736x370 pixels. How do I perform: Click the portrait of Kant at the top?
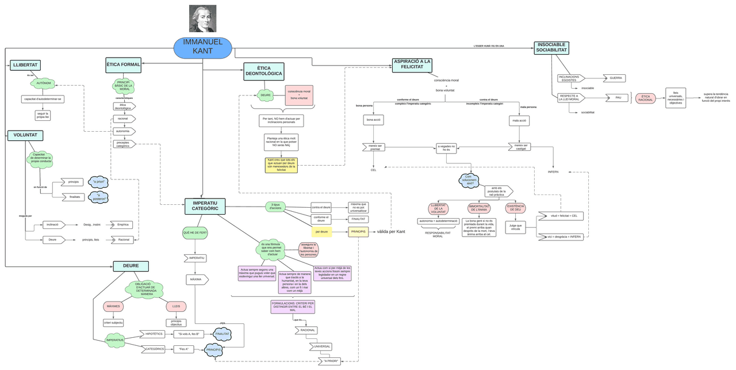click(202, 18)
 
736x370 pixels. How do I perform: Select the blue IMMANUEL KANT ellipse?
click(202, 47)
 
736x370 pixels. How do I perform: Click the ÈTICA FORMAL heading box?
click(123, 64)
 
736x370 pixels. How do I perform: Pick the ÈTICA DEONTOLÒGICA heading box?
click(263, 71)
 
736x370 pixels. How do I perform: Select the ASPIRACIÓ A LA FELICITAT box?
click(412, 64)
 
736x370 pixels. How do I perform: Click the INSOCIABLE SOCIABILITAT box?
click(551, 48)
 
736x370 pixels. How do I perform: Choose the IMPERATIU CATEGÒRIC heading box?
click(205, 205)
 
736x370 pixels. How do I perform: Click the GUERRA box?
click(615, 78)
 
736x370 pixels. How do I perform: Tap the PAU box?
click(618, 98)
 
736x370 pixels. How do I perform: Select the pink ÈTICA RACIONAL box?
click(645, 98)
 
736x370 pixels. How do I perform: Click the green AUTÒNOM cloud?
click(44, 83)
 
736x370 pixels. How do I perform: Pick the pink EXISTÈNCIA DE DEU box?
click(513, 208)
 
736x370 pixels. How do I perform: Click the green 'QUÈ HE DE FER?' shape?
click(195, 232)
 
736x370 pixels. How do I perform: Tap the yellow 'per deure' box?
click(322, 231)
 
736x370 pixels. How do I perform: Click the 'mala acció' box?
click(519, 120)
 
